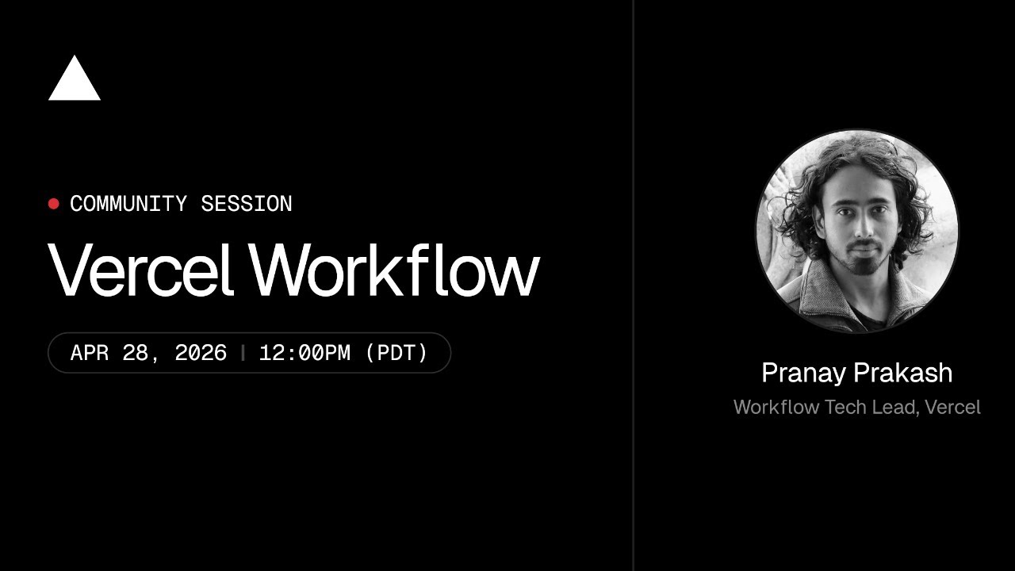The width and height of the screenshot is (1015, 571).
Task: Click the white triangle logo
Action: (x=75, y=81)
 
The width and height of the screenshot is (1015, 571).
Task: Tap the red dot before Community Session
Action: (x=54, y=204)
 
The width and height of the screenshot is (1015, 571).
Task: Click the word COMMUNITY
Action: (x=128, y=204)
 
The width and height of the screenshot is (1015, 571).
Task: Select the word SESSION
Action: (x=246, y=204)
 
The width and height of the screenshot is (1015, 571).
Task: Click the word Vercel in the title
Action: (x=140, y=269)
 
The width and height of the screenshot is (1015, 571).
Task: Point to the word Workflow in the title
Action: (x=394, y=269)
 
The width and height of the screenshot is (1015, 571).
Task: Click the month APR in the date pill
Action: (x=90, y=353)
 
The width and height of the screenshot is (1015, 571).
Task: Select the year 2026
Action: (x=201, y=353)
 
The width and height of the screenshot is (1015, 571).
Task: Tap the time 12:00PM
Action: (x=304, y=353)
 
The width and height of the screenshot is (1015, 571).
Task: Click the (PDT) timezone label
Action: (x=396, y=353)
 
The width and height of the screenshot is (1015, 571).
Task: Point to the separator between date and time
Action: (x=243, y=353)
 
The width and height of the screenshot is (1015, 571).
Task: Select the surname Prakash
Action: (x=906, y=373)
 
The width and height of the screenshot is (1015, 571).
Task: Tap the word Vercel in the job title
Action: (x=953, y=408)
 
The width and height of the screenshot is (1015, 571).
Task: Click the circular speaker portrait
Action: (x=857, y=231)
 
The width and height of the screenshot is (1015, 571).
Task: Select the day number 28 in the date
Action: (x=135, y=353)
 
